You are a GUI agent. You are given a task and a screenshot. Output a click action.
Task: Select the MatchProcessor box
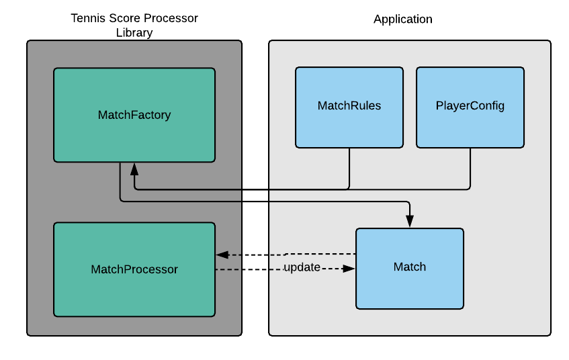pos(134,289)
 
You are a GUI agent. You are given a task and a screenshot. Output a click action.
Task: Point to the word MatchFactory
pos(134,115)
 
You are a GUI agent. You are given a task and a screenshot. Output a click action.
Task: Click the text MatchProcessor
pos(134,269)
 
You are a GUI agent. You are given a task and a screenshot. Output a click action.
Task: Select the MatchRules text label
pos(349,106)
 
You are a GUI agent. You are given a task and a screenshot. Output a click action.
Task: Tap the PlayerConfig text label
pos(470,106)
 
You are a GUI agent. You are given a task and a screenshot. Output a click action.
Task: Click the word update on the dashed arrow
pos(302,268)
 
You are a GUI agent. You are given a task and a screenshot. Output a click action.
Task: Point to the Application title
pos(403,19)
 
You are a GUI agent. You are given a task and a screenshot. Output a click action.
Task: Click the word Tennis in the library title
pos(88,18)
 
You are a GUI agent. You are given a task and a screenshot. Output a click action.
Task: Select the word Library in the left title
pos(134,32)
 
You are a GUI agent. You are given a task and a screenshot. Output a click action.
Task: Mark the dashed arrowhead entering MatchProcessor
pos(221,255)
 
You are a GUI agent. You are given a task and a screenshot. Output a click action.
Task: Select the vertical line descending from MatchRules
pos(349,168)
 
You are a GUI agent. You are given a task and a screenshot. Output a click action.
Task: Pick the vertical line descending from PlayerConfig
pos(470,168)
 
